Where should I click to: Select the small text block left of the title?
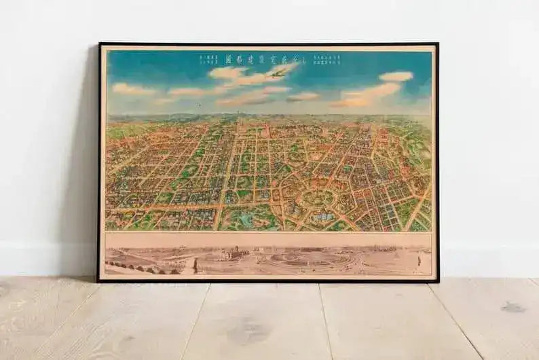[x=208, y=58]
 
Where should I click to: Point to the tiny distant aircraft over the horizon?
[x=199, y=105]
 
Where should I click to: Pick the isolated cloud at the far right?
[x=396, y=76]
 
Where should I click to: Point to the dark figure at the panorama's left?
[x=194, y=266]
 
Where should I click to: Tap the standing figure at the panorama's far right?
[x=419, y=259]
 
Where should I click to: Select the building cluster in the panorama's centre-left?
[x=231, y=257]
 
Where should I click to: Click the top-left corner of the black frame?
[x=99, y=44]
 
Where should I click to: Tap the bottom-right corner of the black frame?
[x=438, y=281]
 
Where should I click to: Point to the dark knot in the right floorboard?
[x=513, y=307]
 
